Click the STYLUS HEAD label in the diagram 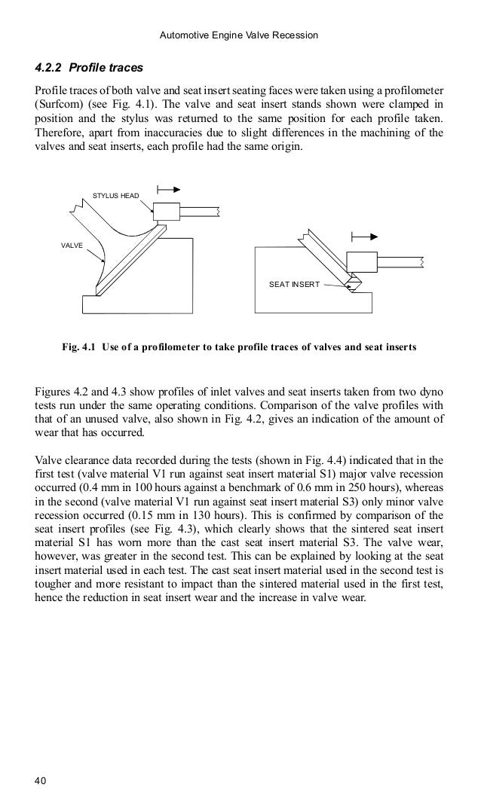point(116,196)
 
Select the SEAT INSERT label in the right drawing point(294,284)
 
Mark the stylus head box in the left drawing point(166,212)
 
